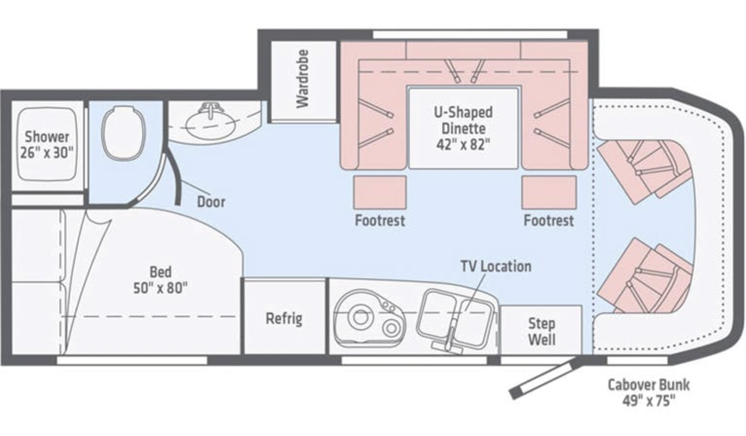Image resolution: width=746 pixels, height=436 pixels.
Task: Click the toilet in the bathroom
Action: point(124,133)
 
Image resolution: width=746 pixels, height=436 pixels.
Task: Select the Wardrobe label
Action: point(302,79)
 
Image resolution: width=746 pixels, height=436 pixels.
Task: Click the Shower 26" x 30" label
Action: point(47,145)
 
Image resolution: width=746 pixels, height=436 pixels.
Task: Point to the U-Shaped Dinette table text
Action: point(463,128)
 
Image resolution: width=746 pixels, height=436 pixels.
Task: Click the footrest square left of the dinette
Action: point(380,193)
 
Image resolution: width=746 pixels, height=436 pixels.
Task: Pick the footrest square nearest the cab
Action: point(549,193)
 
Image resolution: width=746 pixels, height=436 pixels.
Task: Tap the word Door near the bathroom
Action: point(211,202)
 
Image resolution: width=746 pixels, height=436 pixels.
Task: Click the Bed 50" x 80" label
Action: point(161,280)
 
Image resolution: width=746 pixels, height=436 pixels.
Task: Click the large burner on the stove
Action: point(360,317)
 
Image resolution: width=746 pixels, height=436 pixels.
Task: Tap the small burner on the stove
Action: point(391,328)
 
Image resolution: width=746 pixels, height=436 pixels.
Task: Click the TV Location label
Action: point(496,266)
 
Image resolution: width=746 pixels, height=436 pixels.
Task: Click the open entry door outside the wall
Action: point(546,379)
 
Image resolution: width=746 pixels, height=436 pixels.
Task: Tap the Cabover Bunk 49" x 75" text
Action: point(649,393)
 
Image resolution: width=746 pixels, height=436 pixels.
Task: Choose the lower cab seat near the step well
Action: point(645,276)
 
